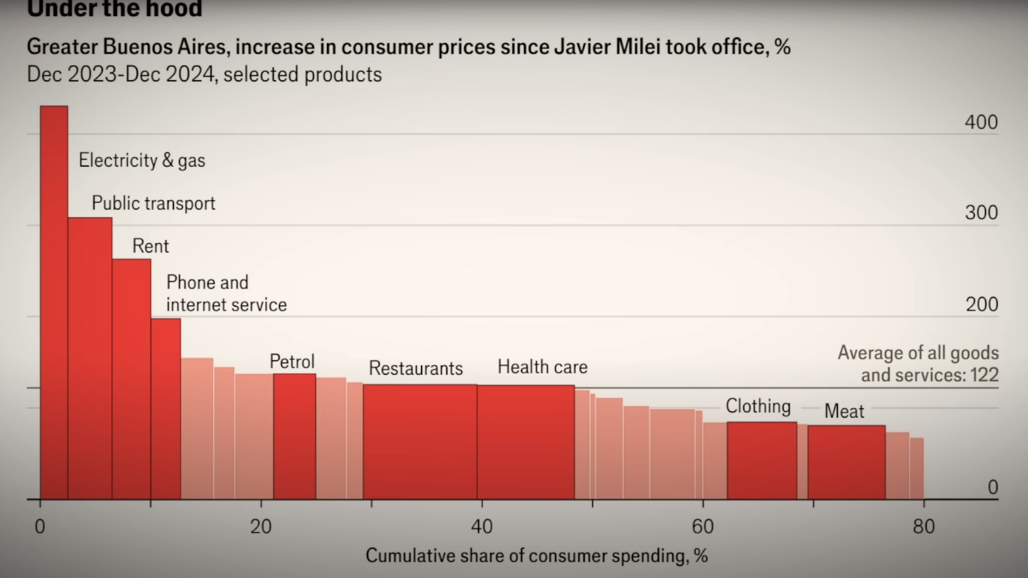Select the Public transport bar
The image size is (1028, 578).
point(90,358)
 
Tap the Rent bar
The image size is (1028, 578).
point(132,379)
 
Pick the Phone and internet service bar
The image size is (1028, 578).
point(166,409)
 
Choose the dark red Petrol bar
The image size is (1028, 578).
point(295,437)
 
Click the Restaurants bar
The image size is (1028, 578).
point(420,442)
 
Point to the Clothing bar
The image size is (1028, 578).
point(762,461)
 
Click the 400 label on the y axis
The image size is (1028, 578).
point(981,122)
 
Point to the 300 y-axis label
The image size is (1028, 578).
point(981,213)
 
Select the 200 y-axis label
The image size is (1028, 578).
point(981,305)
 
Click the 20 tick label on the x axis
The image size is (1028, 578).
point(261,526)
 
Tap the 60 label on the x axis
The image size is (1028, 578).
point(703,526)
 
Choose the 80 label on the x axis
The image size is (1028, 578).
point(924,526)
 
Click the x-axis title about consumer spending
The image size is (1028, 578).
point(537,556)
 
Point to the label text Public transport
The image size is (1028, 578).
point(154,203)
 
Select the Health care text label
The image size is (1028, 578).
point(542,367)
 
